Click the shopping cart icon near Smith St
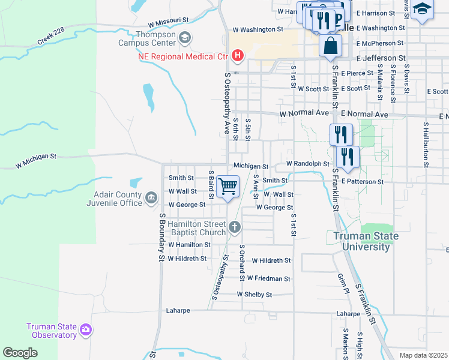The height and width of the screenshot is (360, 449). click(228, 187)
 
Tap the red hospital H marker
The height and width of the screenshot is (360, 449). click(238, 56)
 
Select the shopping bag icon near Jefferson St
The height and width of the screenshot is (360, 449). click(330, 46)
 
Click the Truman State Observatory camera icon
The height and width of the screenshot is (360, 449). click(86, 329)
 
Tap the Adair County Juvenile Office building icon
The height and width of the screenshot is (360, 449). click(151, 196)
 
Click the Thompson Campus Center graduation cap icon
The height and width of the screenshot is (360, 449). click(185, 37)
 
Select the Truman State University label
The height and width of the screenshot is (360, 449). click(366, 241)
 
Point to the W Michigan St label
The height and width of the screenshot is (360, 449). click(36, 159)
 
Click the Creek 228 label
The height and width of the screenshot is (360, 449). click(50, 38)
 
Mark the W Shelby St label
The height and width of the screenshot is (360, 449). click(254, 295)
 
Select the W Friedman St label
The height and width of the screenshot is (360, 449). click(268, 278)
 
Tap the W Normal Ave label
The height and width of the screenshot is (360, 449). click(304, 113)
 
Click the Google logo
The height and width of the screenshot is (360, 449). click(20, 353)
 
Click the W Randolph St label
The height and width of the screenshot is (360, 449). click(307, 163)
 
